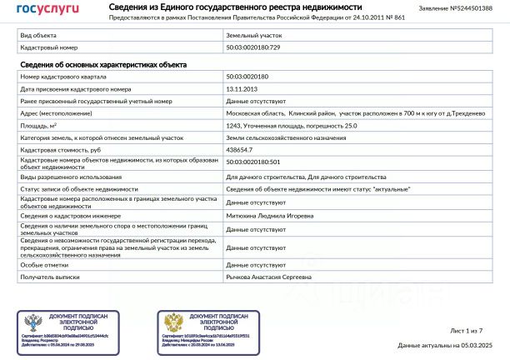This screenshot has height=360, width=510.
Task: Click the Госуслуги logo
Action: coord(48,9)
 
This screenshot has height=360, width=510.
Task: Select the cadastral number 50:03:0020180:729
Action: coord(253,48)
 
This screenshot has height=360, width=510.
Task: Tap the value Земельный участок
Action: coord(254,37)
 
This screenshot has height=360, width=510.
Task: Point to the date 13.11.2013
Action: coord(242,88)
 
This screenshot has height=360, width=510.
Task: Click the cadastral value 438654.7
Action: coord(240,149)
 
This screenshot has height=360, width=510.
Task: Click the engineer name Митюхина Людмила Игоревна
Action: coord(270,216)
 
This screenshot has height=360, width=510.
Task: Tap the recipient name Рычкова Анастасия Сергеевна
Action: coord(272,277)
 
